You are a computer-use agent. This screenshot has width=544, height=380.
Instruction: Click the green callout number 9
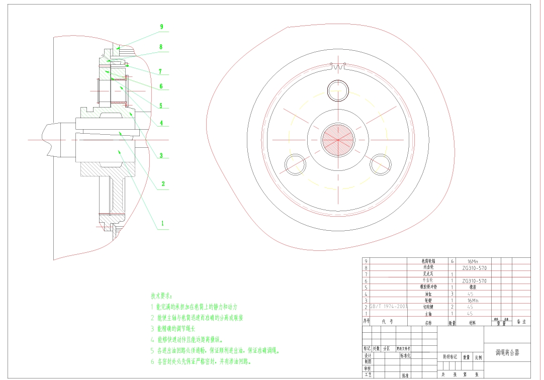coord(161,27)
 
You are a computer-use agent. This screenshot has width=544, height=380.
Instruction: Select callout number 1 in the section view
coord(162,223)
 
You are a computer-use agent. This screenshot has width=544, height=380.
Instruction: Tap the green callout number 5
coord(161,106)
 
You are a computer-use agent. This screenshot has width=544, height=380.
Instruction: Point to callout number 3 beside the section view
coord(161,155)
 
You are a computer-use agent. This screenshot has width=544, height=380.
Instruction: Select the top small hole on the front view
coord(338,91)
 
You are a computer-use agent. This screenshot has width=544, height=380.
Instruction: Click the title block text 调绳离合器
coord(507,353)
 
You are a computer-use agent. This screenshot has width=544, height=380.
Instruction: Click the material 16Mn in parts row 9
coord(473,261)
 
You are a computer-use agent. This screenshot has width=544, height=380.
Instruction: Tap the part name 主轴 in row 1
coord(428,313)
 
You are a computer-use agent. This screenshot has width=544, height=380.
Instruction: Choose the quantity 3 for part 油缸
coord(452,294)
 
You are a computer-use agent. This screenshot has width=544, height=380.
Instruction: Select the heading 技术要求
coord(161,296)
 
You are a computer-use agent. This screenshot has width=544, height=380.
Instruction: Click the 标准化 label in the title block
coord(405,355)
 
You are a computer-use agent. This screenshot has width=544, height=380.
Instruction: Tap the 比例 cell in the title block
coord(477,358)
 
